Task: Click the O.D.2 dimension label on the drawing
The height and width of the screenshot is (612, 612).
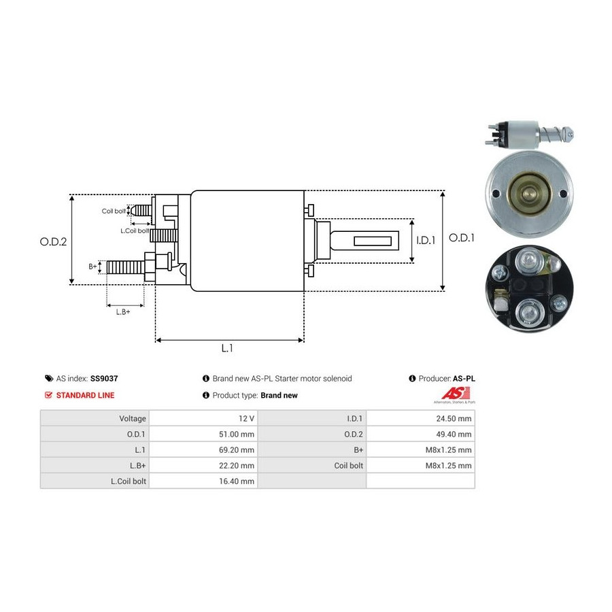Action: click(53, 241)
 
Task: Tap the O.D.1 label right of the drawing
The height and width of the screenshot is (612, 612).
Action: click(462, 238)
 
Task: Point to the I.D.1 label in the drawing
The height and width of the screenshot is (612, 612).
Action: click(426, 240)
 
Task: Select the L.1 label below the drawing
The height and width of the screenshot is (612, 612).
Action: click(227, 347)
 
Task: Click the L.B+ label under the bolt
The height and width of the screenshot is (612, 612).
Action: click(123, 312)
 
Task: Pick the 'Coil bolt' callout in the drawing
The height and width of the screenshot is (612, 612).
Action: click(114, 211)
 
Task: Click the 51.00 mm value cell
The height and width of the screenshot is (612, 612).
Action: click(237, 434)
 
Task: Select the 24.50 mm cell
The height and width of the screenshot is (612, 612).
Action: click(454, 418)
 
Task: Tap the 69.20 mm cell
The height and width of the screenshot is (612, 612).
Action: click(237, 449)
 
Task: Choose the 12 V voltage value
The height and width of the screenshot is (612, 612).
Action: click(246, 418)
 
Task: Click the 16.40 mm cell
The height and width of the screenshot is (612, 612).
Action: click(237, 481)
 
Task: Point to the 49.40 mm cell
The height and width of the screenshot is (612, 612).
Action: click(454, 434)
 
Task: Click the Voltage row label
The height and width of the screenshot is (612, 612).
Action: click(133, 418)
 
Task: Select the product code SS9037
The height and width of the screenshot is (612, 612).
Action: click(104, 378)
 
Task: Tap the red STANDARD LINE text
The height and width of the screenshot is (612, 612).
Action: click(86, 395)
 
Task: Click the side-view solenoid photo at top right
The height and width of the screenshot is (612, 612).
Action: click(530, 135)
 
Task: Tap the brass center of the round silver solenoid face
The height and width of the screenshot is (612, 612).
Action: click(529, 194)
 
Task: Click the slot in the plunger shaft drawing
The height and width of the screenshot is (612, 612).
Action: click(373, 241)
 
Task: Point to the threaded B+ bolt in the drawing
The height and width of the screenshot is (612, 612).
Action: click(126, 267)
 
